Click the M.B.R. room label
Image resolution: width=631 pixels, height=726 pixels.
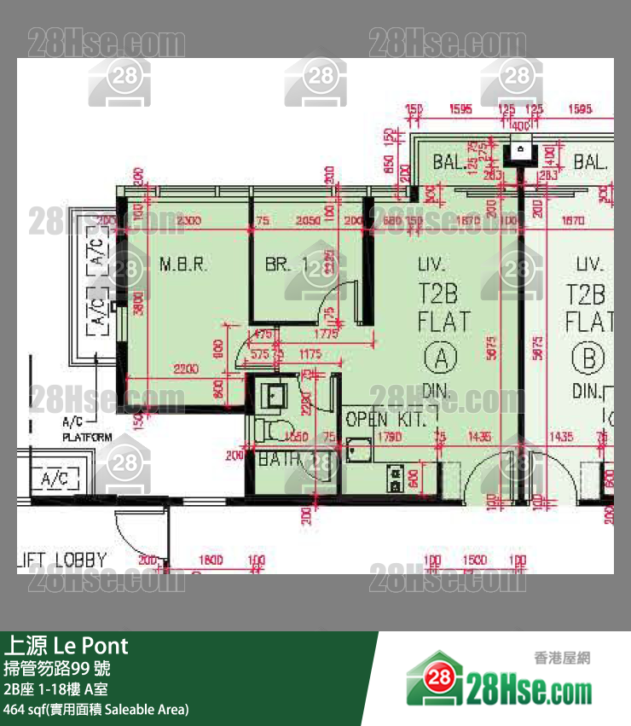182,264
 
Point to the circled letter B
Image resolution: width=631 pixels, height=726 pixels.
588,359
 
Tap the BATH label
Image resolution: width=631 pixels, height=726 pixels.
279,459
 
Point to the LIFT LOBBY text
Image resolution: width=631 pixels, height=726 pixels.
61,560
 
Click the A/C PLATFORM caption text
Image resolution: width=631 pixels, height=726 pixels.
87,430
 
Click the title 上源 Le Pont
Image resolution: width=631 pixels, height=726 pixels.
67,644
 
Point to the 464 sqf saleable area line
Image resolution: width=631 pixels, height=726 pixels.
96,709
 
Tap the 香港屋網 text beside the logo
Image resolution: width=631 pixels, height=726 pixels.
562,658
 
